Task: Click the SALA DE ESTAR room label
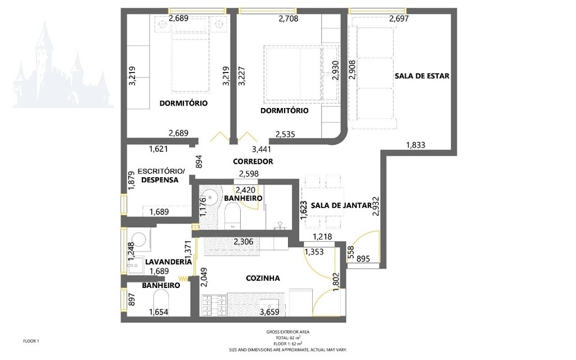pos(422,76)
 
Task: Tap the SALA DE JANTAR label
pos(341,205)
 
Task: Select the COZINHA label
pos(263,278)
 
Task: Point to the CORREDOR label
pos(253,161)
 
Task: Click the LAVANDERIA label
pos(168,262)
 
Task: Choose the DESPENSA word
pos(160,180)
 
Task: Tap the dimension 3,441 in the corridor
pos(262,149)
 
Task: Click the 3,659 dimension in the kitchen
pos(269,312)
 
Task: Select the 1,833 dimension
pos(416,145)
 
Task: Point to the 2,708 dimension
pos(289,19)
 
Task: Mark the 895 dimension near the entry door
pos(363,259)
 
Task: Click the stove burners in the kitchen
pos(214,306)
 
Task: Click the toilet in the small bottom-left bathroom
pos(160,301)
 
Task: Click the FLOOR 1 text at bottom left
pos(31,341)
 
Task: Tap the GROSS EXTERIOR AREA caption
pos(287,332)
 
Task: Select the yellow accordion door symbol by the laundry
pos(183,278)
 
